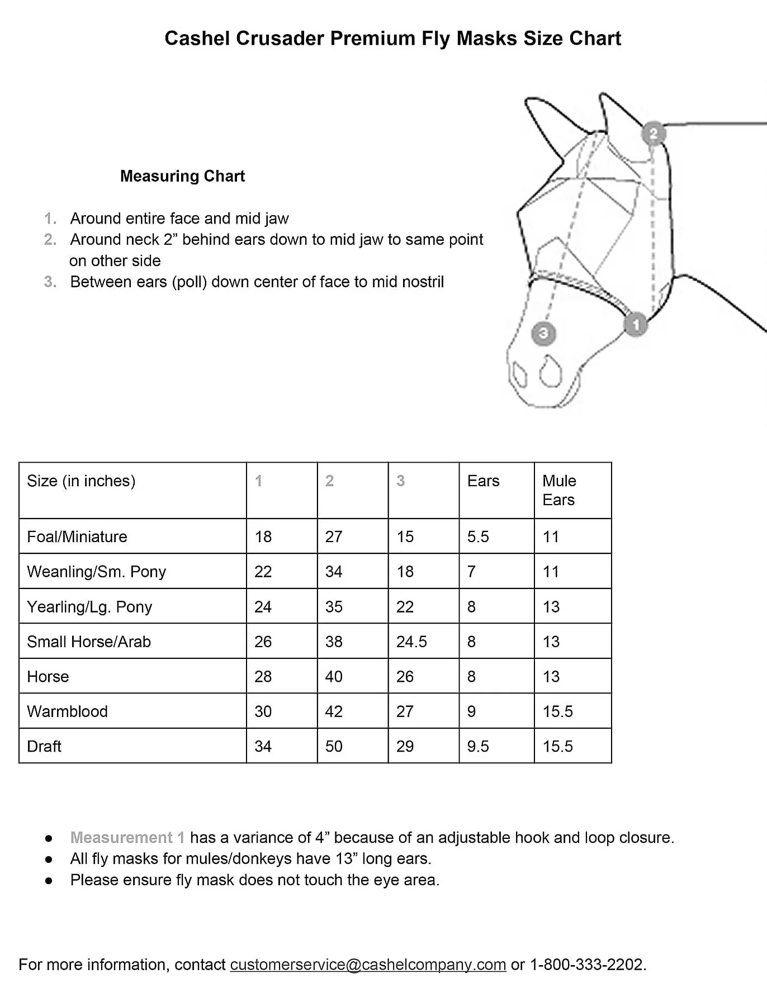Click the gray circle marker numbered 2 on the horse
[x=653, y=134]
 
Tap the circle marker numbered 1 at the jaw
[x=635, y=324]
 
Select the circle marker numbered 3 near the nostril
[x=543, y=334]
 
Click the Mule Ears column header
[x=559, y=490]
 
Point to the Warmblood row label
[x=67, y=711]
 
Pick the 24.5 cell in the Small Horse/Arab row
[x=411, y=642]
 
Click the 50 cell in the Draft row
[x=334, y=746]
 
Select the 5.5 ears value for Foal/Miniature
[x=478, y=537]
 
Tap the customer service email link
[x=368, y=965]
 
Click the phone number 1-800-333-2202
[x=586, y=965]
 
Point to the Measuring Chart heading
[x=182, y=176]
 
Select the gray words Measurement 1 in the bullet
[x=127, y=837]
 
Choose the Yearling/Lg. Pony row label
[x=89, y=606]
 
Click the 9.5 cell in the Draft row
[x=478, y=746]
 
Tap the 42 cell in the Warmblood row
[x=334, y=711]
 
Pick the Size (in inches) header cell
[x=81, y=481]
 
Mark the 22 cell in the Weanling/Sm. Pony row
[x=263, y=572]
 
